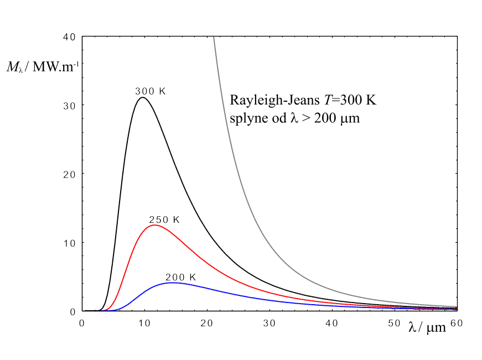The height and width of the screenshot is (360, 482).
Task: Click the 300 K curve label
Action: [x=150, y=91]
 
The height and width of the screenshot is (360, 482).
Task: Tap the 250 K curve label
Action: [x=164, y=220]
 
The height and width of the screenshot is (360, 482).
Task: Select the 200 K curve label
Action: [x=181, y=277]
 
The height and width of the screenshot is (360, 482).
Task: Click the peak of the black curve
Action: [x=143, y=98]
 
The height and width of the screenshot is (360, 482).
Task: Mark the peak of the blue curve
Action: [x=173, y=283]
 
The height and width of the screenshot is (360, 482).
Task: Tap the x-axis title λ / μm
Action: [x=427, y=327]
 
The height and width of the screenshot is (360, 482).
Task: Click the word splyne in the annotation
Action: [x=247, y=118]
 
